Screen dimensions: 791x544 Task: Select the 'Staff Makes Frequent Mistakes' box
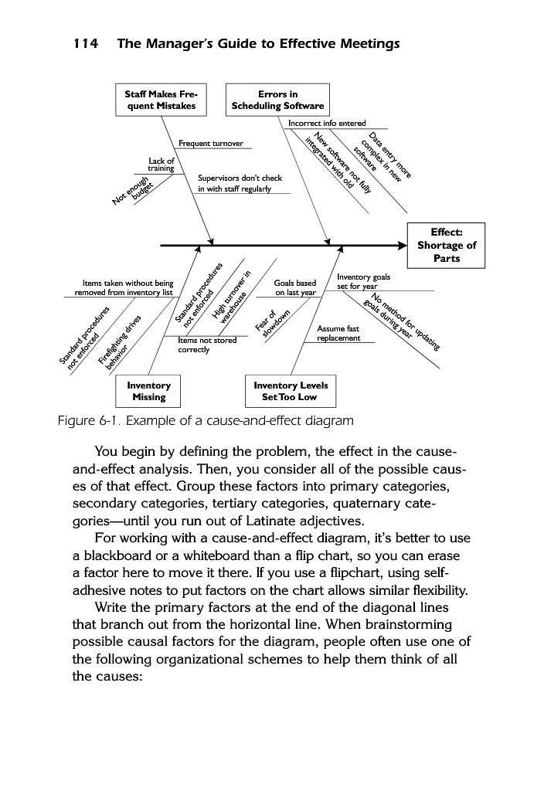[161, 100]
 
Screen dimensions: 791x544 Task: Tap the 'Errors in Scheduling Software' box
[278, 100]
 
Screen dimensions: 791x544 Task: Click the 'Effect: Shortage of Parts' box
[447, 246]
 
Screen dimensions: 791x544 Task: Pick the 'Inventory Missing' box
[148, 391]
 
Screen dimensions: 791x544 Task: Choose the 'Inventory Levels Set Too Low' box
[291, 391]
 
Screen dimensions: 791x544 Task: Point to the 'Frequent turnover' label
[211, 144]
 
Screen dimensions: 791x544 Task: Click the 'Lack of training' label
[161, 164]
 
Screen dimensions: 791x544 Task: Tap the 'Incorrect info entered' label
[327, 123]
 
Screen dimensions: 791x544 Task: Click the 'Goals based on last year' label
[295, 287]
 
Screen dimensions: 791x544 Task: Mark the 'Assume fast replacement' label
[339, 334]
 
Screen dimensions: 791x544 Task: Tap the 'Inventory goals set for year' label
[364, 281]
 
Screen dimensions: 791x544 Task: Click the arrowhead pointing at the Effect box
[400, 246]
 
